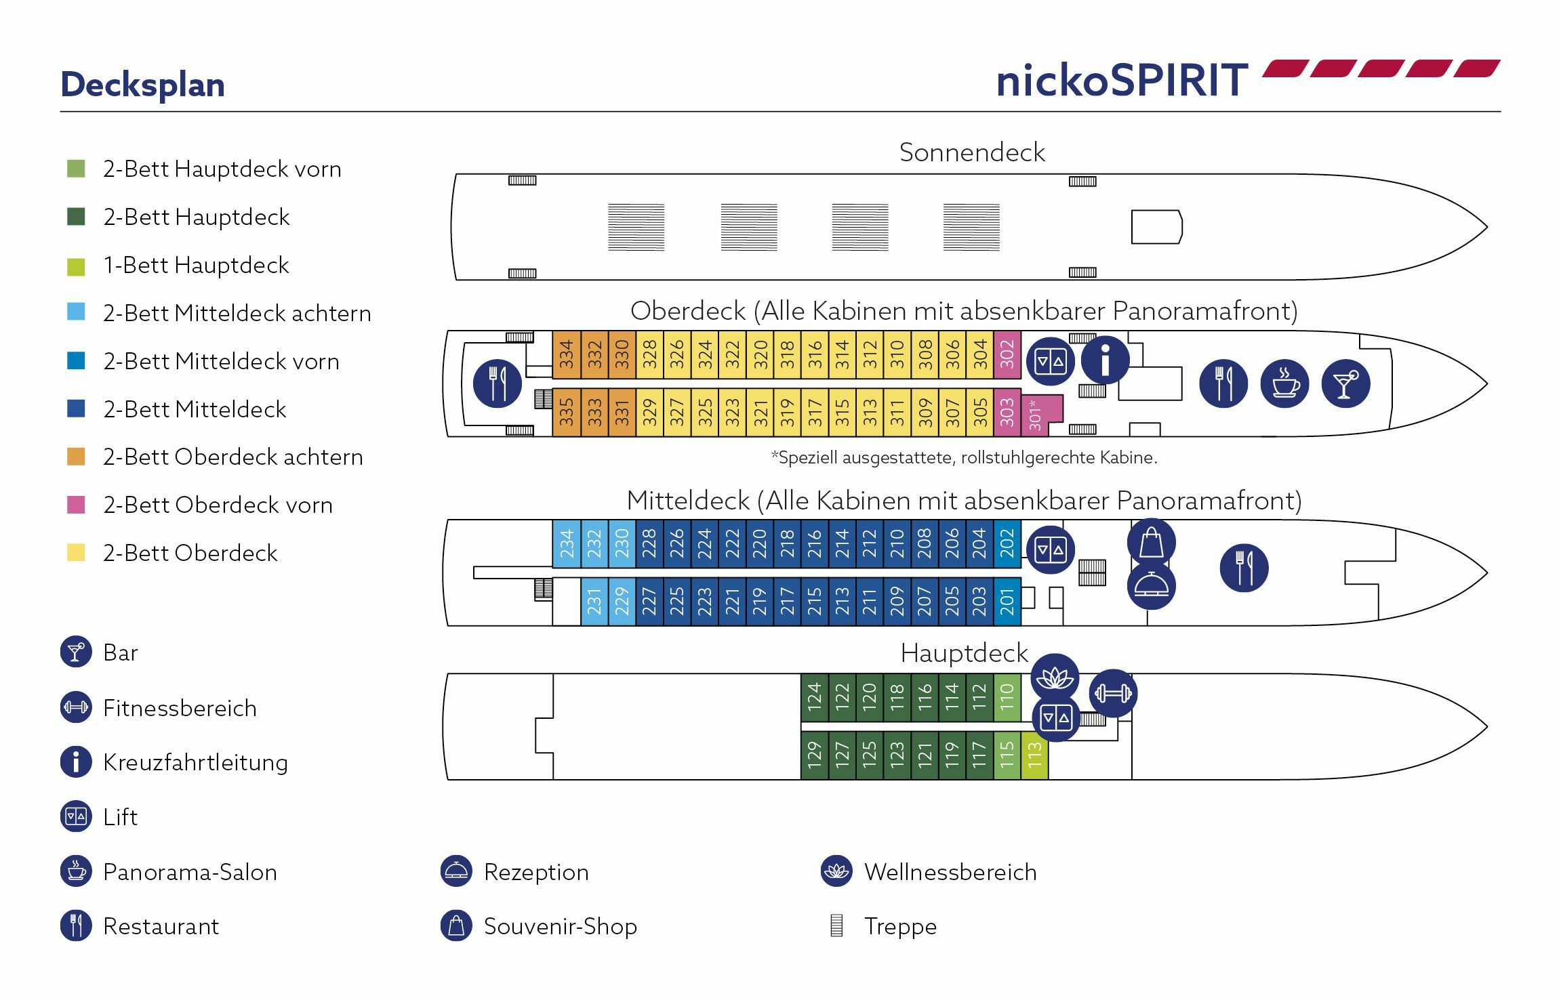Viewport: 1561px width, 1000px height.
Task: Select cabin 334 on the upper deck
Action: [x=567, y=354]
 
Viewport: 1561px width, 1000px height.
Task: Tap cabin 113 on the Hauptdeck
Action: [x=1034, y=755]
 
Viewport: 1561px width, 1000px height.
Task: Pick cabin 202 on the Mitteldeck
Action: [x=1007, y=543]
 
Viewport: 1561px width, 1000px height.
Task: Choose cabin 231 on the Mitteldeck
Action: [x=594, y=601]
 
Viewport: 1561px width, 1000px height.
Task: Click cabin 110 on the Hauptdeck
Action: [x=1007, y=697]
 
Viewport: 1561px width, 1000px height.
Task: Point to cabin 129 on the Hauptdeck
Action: [x=814, y=755]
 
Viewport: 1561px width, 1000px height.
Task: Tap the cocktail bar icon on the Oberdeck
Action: [x=1345, y=383]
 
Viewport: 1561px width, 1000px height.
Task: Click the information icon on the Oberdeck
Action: [x=1105, y=360]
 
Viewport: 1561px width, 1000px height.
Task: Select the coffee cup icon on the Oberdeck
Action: [x=1284, y=383]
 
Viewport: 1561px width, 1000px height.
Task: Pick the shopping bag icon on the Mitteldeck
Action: [x=1151, y=543]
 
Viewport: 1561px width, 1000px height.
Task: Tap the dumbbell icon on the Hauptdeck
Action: [x=1113, y=693]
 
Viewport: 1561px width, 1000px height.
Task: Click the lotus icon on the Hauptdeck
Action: [x=1054, y=678]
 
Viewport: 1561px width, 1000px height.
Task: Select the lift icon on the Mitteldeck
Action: [x=1050, y=550]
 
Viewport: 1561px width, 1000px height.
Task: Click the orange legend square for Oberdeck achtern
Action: [x=76, y=457]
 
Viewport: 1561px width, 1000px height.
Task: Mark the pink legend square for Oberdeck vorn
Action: [x=76, y=505]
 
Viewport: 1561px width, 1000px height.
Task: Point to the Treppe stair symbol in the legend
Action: [x=836, y=925]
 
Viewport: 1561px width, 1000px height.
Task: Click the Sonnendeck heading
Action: [x=971, y=152]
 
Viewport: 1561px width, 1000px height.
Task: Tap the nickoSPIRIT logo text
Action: [x=1122, y=80]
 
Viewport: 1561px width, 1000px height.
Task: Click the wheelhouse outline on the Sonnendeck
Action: [x=1156, y=227]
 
